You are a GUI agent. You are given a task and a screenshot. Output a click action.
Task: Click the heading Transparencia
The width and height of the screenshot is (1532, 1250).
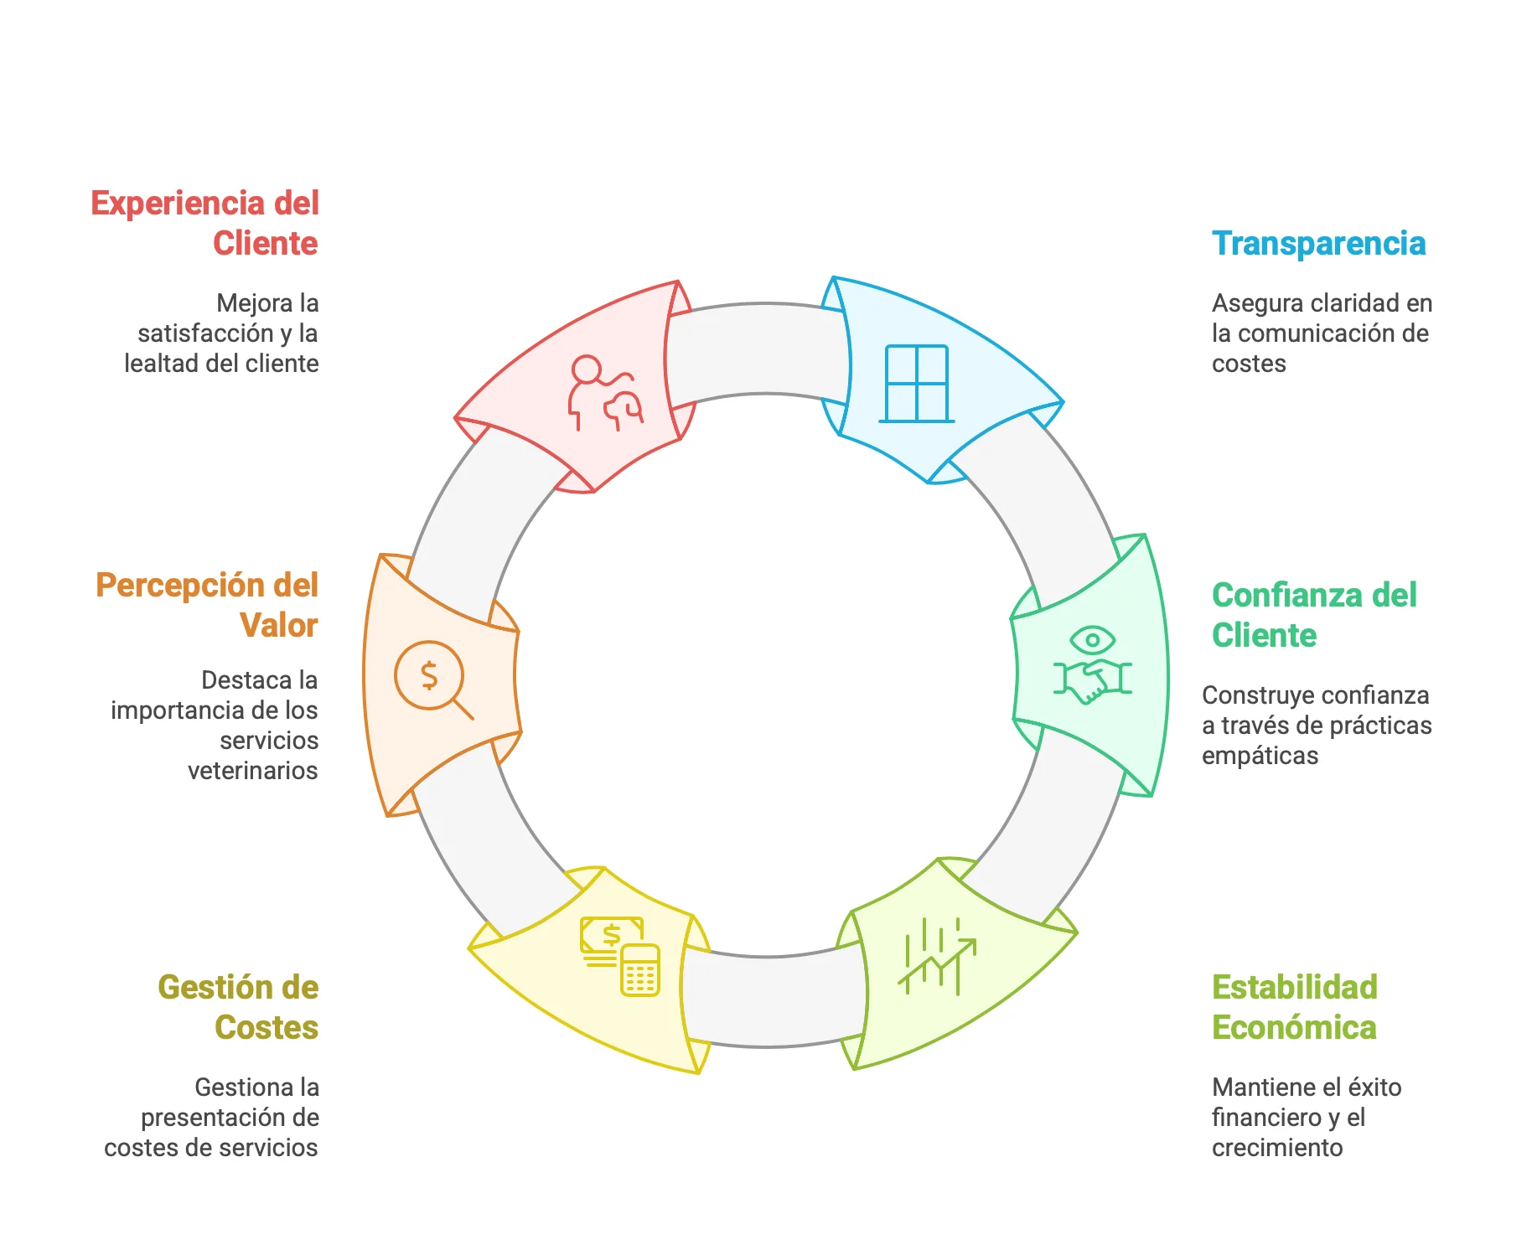1318,244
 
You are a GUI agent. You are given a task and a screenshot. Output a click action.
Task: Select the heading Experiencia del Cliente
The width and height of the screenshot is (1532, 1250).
205,223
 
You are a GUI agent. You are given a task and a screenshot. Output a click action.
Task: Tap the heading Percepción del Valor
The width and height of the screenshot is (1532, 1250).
207,605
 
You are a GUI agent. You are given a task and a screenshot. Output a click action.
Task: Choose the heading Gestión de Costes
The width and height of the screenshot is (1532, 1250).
239,1007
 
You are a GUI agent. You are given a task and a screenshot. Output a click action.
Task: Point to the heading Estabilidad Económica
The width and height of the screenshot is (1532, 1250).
1295,1007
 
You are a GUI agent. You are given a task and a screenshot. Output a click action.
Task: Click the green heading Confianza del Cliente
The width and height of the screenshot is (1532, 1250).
1314,615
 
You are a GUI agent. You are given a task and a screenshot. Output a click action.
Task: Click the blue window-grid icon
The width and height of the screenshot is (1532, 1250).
917,384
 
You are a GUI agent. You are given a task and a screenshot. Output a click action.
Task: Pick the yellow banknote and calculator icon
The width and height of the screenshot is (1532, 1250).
620,956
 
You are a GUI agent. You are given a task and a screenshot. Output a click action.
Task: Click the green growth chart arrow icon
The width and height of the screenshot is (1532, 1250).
937,956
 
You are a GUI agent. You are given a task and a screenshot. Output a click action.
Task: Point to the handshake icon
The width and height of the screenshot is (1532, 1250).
1092,680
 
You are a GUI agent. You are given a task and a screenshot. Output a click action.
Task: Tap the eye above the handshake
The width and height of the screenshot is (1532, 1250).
1093,641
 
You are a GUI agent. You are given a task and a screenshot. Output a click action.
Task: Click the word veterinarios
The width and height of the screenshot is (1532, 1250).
253,771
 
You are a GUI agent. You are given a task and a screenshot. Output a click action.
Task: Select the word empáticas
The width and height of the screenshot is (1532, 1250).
1260,757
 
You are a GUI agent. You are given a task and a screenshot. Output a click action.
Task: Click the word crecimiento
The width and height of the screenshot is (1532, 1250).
1277,1148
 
